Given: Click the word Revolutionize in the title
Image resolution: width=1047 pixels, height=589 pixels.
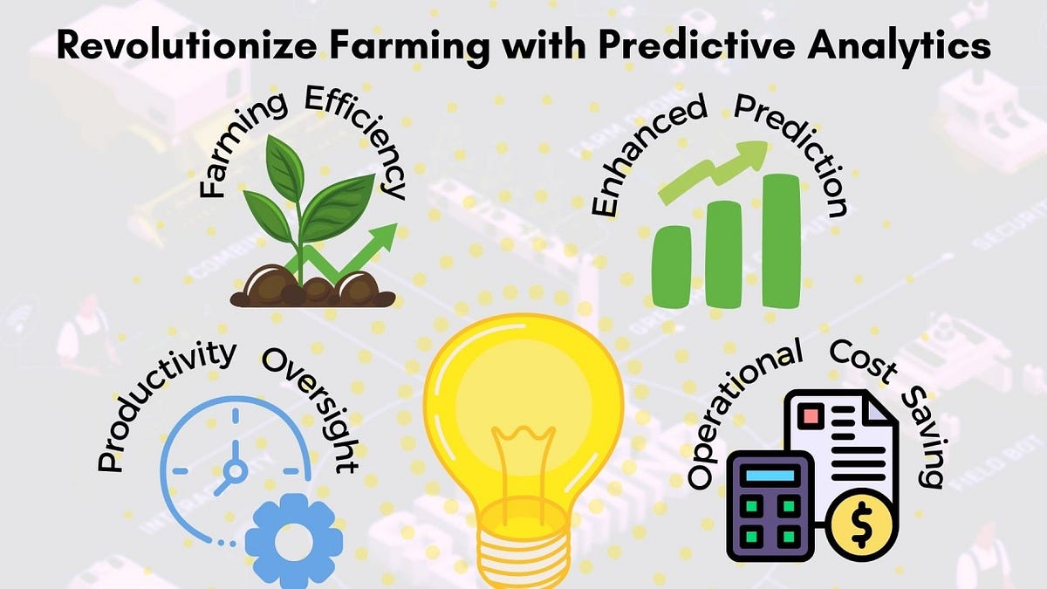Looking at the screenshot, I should (154, 45).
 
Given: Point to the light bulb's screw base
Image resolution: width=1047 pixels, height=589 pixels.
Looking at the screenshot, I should (523, 550).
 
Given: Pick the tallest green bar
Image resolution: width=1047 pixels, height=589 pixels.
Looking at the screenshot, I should (781, 239).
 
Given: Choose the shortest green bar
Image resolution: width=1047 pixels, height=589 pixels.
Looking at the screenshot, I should (673, 265).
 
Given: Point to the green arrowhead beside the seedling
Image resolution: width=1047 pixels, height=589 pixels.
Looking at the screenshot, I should (382, 234).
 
